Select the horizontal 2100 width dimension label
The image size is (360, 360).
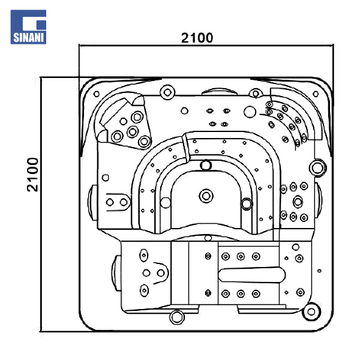pyautogui.click(x=197, y=37)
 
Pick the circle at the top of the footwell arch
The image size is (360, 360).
pyautogui.click(x=206, y=164)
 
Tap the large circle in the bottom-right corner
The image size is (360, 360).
pyautogui.click(x=311, y=311)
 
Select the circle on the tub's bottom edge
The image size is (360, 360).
pyautogui.click(x=176, y=316)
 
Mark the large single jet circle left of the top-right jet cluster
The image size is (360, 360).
pyautogui.click(x=248, y=111)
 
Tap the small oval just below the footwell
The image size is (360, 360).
pyautogui.click(x=208, y=238)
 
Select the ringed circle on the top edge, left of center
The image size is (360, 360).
pyautogui.click(x=167, y=92)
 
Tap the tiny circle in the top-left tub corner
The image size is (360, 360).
pyautogui.click(x=95, y=94)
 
